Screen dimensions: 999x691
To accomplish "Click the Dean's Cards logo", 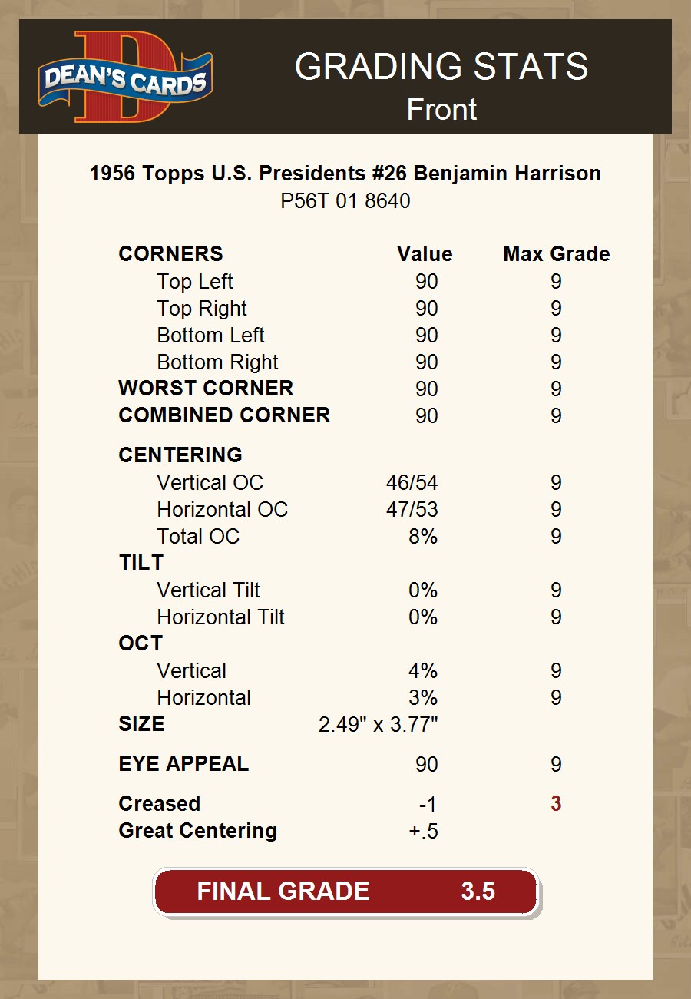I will click(126, 77).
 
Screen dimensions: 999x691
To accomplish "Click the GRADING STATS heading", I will click(441, 67).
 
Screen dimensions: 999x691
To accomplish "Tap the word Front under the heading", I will click(441, 109).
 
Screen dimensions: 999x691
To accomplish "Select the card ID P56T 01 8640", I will click(345, 201).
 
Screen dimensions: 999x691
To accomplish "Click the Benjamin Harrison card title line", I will click(345, 174).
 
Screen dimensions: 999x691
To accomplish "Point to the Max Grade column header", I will click(557, 254).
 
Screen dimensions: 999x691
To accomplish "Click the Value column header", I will click(425, 254).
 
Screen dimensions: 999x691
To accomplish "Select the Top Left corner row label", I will click(195, 282).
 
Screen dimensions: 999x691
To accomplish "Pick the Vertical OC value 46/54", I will click(412, 483).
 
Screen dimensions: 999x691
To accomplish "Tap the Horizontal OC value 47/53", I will click(412, 510).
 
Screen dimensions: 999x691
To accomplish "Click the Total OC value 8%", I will click(423, 537).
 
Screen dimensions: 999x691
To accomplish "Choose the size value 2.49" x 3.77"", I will click(378, 725).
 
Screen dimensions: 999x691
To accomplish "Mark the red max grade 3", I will click(556, 804).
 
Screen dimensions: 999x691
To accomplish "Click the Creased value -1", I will click(428, 805).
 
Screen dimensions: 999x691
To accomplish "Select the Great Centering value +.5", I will click(424, 832).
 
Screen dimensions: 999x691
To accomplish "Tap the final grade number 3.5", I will click(478, 891).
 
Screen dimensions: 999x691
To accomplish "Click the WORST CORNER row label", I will click(206, 389).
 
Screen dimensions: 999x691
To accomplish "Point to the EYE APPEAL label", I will click(183, 764).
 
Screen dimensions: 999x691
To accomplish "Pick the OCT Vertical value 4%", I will click(423, 671).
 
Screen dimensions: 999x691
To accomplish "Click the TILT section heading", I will click(141, 563).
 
